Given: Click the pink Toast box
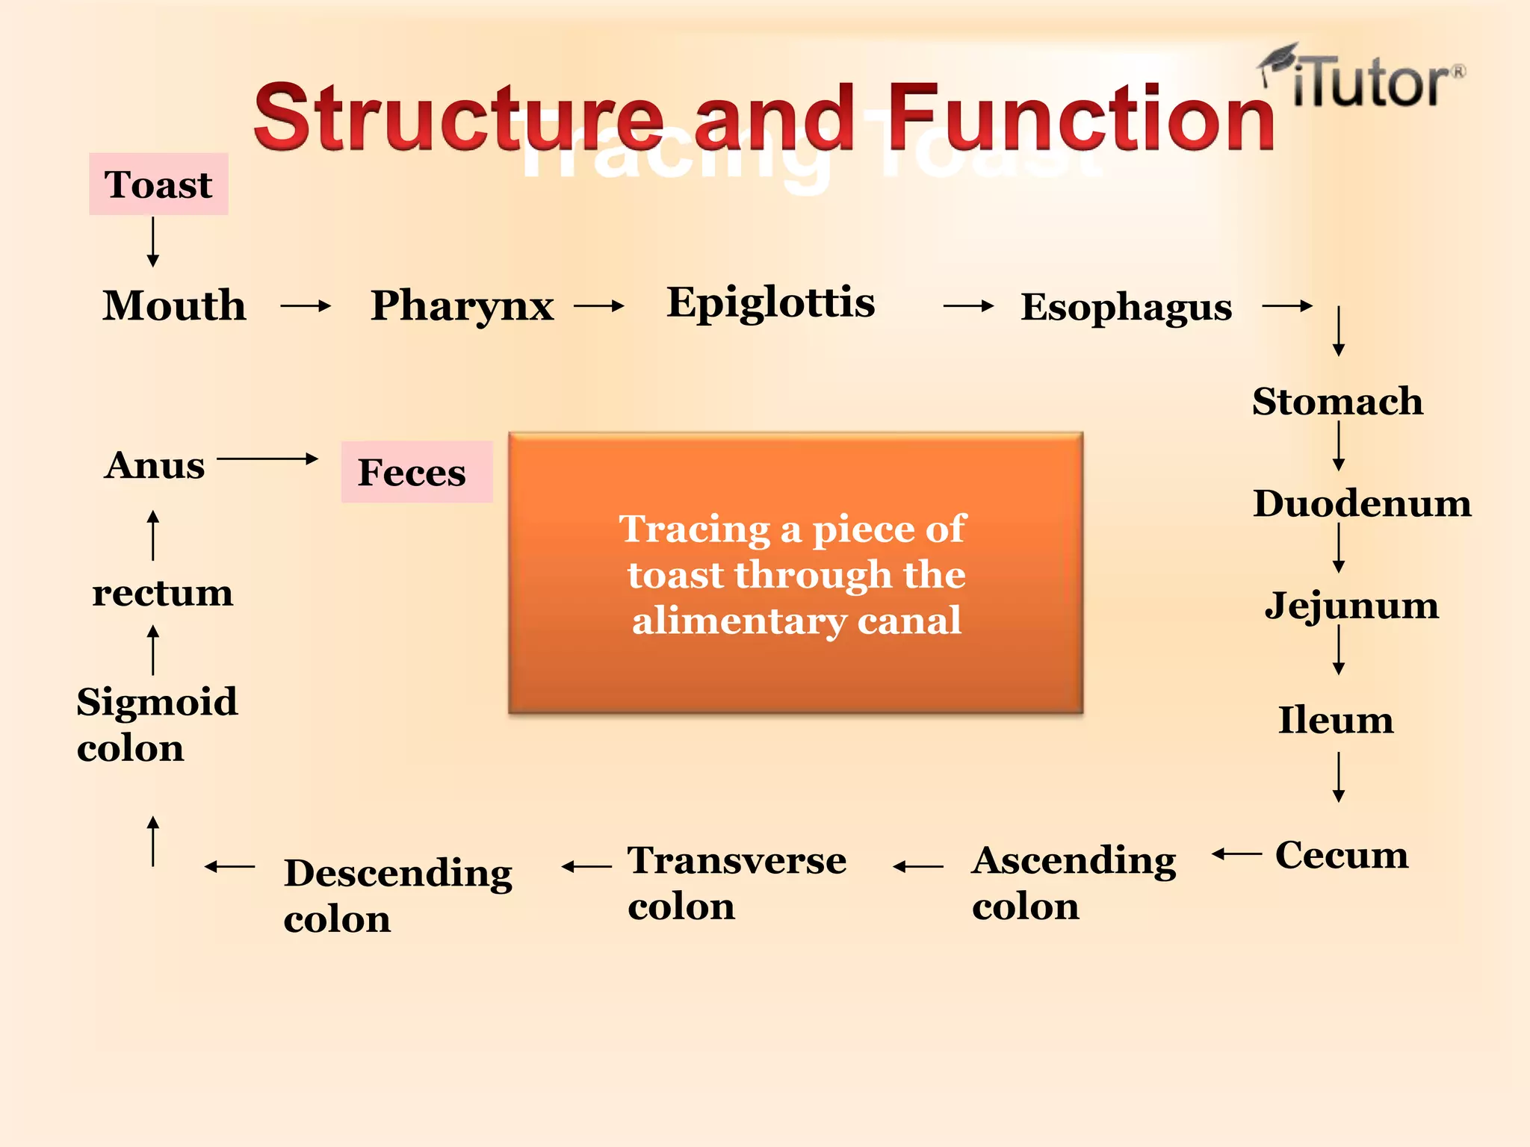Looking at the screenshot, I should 158,184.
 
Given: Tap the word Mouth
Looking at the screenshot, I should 174,305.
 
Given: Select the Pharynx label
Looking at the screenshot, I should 462,306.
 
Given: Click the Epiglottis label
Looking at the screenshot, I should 770,303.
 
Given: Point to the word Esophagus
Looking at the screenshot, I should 1126,307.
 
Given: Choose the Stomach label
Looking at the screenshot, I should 1337,402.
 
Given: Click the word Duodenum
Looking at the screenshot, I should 1361,503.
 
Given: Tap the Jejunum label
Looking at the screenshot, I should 1351,605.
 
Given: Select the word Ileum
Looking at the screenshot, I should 1336,720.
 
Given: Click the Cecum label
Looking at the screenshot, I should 1341,854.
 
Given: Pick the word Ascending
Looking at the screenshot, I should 1074,860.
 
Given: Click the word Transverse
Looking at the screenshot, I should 737,860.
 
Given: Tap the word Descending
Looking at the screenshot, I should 397,873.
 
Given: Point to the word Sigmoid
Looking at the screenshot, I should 157,702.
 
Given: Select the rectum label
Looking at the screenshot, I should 162,594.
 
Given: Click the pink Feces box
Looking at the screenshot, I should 416,472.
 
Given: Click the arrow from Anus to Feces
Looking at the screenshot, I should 267,459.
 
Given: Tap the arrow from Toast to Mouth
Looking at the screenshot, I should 153,241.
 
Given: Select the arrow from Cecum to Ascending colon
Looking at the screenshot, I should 1236,854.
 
